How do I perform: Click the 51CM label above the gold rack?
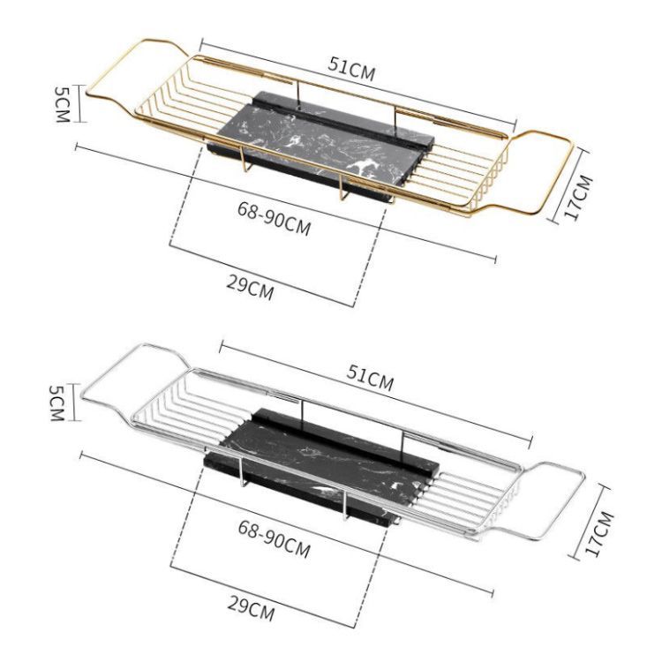coord(351,69)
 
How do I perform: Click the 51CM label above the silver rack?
coord(370,378)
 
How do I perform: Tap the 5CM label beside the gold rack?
coord(62,104)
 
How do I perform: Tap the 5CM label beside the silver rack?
coord(56,402)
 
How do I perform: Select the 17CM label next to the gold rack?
coord(578,197)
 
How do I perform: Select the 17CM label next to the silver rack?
coord(598,534)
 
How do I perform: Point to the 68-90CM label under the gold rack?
coord(274,218)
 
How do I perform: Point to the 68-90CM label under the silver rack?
coord(274,538)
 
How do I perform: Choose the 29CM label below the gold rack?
coord(250,287)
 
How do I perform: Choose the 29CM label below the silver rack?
coord(252,607)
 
